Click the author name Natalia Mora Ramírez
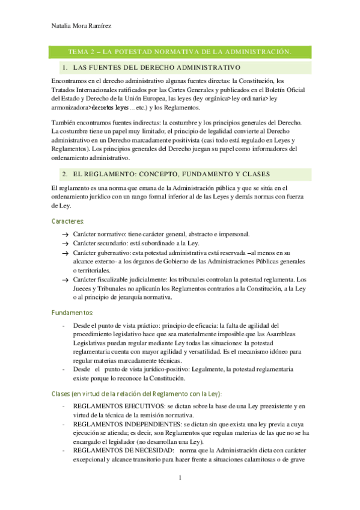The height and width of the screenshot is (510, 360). (x=78, y=26)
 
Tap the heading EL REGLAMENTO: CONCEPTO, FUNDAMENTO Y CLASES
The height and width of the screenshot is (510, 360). (x=168, y=174)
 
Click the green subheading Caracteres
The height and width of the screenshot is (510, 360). (x=67, y=221)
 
